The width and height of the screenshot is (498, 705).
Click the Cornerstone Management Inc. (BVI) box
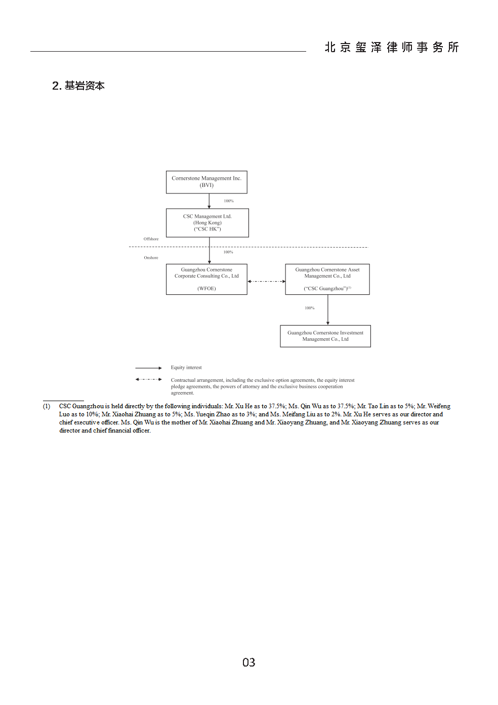[x=206, y=182]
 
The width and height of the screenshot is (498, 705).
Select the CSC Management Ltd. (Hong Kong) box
[x=207, y=222]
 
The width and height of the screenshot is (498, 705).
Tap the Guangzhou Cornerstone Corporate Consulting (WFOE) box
[x=206, y=279]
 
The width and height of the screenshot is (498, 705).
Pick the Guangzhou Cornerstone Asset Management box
[x=327, y=279]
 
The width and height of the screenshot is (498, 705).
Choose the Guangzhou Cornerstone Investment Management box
[x=325, y=336]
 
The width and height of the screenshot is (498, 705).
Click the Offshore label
[x=151, y=239]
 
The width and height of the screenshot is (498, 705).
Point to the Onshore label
[x=151, y=257]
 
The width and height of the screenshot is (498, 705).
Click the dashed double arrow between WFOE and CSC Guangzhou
[x=266, y=282]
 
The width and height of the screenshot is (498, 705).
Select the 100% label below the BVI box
[x=229, y=201]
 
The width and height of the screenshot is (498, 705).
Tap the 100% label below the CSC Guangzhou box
[x=310, y=308]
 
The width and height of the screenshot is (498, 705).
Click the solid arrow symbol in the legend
[x=148, y=368]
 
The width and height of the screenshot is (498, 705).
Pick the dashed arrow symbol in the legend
[x=148, y=379]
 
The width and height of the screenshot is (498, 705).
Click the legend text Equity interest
[x=186, y=367]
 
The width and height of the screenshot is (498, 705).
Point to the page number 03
[x=249, y=662]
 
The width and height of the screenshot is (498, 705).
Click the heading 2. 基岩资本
[x=78, y=86]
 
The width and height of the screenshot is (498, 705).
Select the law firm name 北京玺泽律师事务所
[x=392, y=47]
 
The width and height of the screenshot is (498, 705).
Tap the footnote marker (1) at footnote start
[x=47, y=406]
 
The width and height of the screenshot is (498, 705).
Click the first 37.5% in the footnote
[x=277, y=406]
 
